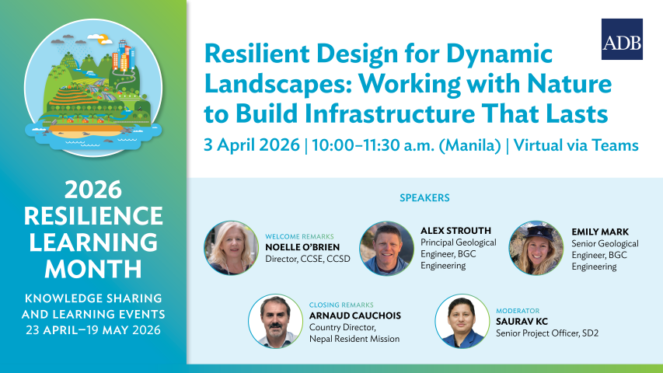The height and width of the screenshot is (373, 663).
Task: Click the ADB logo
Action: pyautogui.click(x=622, y=40)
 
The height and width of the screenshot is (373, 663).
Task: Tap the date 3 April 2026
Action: pyautogui.click(x=252, y=145)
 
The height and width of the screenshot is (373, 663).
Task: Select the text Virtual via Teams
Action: pyautogui.click(x=576, y=145)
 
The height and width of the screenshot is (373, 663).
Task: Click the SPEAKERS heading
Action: pyautogui.click(x=424, y=197)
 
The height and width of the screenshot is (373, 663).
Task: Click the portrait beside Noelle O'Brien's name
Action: pyautogui.click(x=232, y=248)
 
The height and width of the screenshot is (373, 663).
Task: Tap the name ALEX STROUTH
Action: pyautogui.click(x=455, y=231)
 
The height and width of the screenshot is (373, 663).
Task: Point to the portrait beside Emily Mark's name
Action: pyautogui.click(x=536, y=248)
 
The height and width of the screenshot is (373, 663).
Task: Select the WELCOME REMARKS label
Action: pyautogui.click(x=299, y=237)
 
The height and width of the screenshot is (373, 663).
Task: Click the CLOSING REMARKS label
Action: pyautogui.click(x=341, y=305)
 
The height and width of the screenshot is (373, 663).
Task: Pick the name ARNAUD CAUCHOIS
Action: pyautogui.click(x=355, y=315)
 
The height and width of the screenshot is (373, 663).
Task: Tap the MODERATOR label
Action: pyautogui.click(x=518, y=311)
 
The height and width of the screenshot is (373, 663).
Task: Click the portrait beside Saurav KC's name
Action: pyautogui.click(x=462, y=322)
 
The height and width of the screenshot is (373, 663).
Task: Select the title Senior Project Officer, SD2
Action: pyautogui.click(x=547, y=333)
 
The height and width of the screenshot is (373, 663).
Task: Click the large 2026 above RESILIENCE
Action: pyautogui.click(x=93, y=190)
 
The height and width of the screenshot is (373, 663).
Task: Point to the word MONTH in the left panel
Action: pyautogui.click(x=93, y=269)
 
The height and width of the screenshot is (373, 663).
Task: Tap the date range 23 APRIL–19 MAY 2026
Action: pyautogui.click(x=93, y=329)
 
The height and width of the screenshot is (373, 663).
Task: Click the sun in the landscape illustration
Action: pyautogui.click(x=103, y=40)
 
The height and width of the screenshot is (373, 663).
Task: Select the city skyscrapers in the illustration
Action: pyautogui.click(x=124, y=55)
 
